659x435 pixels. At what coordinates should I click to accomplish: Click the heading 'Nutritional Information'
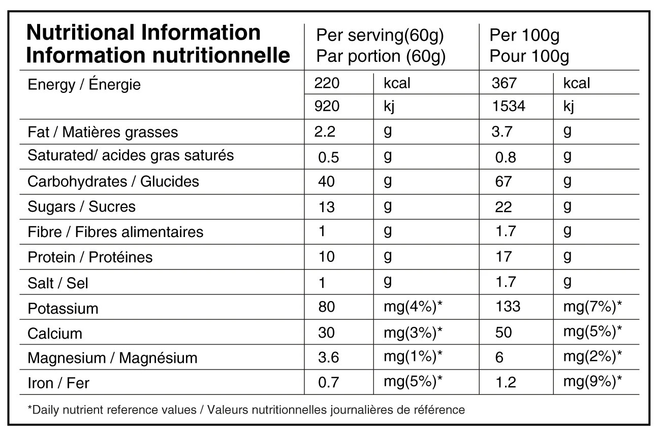point(144,32)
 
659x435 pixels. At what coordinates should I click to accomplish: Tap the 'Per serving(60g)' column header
point(380,35)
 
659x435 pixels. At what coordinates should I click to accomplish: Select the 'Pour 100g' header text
point(529,56)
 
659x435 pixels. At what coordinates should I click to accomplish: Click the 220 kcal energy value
point(327,83)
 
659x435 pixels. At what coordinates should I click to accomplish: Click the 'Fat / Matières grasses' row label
point(103,132)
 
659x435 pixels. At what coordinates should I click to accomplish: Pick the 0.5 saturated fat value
point(329,157)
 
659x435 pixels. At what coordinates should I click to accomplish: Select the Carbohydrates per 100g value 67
point(504,181)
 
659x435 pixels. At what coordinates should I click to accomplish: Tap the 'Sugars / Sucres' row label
point(81,207)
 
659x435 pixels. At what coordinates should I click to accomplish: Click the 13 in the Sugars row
point(327,207)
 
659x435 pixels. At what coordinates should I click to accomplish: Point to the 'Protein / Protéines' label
point(90,257)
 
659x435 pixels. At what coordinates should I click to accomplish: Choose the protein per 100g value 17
point(504,257)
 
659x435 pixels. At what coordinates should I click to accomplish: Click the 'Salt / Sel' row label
point(58,283)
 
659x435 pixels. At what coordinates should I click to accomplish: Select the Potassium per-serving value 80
point(327,307)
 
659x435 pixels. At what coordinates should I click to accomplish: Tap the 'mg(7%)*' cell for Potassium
point(592,307)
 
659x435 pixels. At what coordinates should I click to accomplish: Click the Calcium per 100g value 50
point(504,332)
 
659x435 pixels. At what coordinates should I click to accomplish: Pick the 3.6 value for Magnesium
point(329,357)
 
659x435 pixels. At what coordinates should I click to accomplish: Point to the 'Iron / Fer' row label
point(58,383)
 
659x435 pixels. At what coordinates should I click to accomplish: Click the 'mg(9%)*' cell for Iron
point(592,382)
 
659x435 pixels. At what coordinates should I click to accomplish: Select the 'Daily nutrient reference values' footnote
point(112,410)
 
